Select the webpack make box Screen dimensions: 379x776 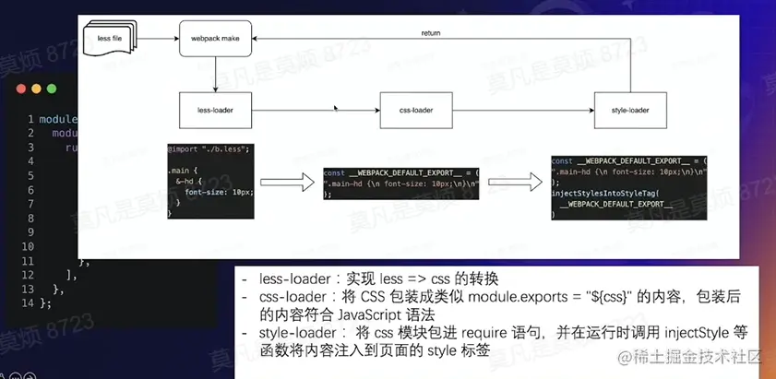click(x=215, y=39)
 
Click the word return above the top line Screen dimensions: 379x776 click(x=430, y=33)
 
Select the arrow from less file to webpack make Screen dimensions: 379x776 click(x=157, y=39)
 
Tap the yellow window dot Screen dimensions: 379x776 click(x=37, y=90)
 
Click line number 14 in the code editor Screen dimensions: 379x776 click(x=30, y=302)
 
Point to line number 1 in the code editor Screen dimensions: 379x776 click(x=30, y=120)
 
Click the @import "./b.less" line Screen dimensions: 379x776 click(x=209, y=148)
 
